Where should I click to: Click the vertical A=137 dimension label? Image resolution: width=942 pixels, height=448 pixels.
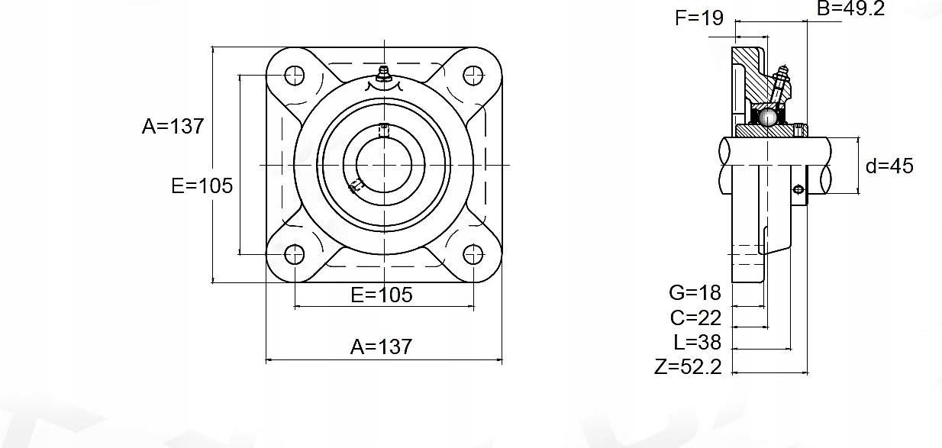[173, 126]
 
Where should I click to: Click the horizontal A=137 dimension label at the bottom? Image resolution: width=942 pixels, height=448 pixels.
[381, 346]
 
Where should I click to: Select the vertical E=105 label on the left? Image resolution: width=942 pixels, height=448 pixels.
[202, 185]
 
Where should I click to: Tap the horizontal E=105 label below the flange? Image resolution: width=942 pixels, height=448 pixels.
[382, 295]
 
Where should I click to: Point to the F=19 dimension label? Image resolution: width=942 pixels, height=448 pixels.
[699, 18]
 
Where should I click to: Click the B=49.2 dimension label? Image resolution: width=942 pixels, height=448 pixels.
[850, 8]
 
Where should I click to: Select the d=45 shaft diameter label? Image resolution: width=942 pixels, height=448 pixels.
[889, 166]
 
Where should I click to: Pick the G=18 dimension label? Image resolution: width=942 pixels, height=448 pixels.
[695, 292]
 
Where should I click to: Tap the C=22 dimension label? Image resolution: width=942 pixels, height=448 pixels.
[695, 317]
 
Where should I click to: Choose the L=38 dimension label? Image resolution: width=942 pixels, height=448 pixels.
[697, 342]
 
